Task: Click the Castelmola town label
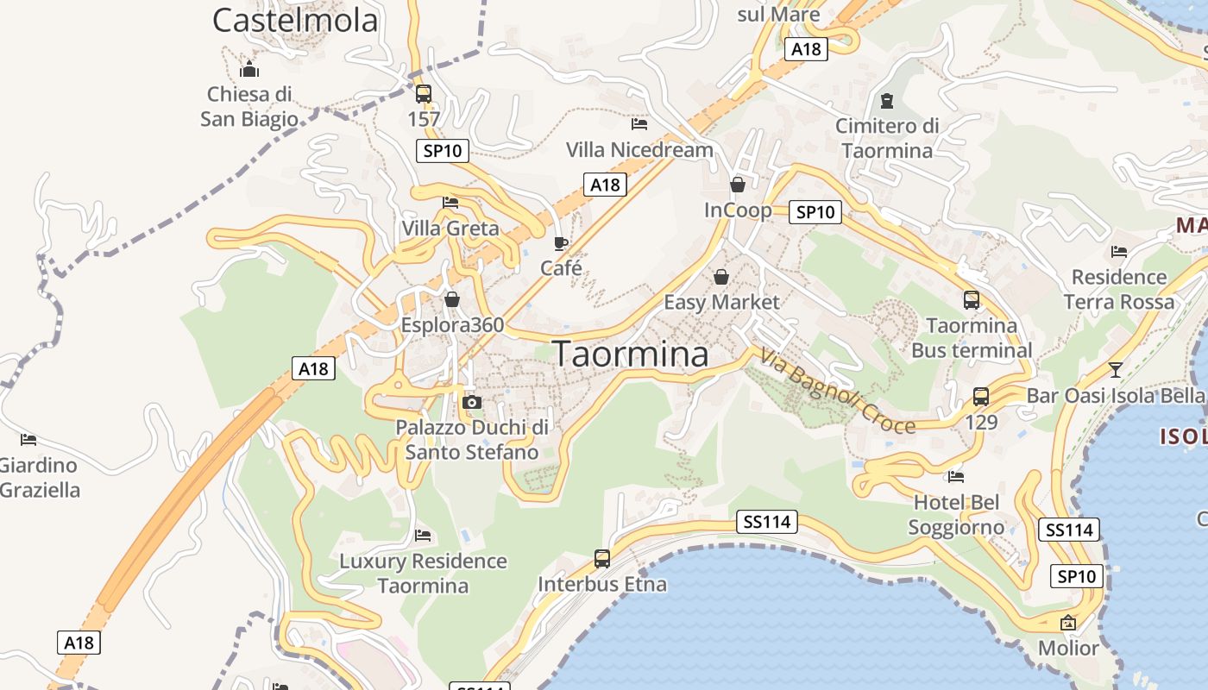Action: click(295, 20)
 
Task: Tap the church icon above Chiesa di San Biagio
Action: click(250, 70)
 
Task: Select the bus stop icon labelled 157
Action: click(424, 94)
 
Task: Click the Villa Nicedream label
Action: click(639, 149)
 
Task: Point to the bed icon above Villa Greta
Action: click(450, 204)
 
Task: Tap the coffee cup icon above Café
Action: click(561, 243)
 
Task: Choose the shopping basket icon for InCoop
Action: click(738, 185)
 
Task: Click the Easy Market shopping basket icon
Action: click(721, 277)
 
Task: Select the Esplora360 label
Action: click(452, 325)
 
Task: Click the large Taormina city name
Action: click(631, 354)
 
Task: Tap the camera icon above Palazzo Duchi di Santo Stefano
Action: click(471, 402)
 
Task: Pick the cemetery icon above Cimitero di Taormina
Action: click(887, 101)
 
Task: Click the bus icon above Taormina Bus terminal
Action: click(972, 300)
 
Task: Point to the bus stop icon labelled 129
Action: click(981, 397)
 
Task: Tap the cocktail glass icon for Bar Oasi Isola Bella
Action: click(1116, 370)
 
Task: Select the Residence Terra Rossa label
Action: click(1119, 290)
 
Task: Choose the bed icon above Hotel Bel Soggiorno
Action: click(956, 476)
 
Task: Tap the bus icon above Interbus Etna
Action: click(602, 558)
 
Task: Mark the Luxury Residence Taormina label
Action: click(423, 574)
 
